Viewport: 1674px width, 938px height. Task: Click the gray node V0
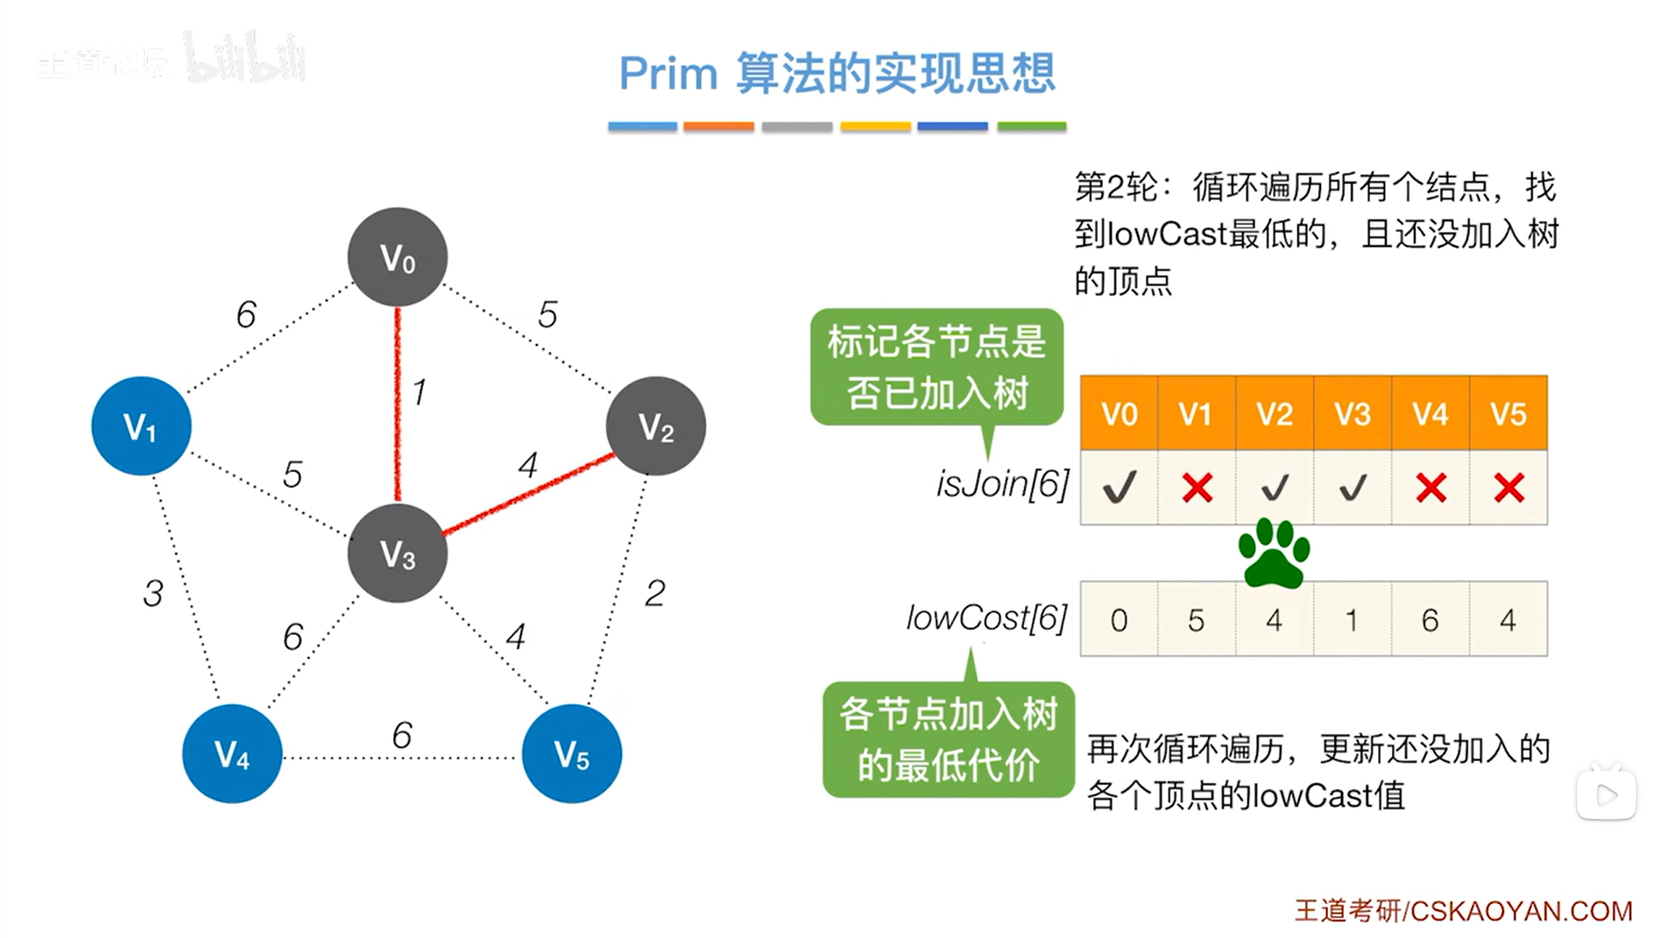(x=398, y=257)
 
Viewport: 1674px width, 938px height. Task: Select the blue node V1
(x=141, y=427)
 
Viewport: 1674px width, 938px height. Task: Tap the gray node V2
(x=655, y=427)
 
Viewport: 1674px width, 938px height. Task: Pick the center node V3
(x=398, y=554)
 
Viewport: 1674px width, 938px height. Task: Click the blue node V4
(x=232, y=754)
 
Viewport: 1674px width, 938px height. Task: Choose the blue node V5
(x=571, y=754)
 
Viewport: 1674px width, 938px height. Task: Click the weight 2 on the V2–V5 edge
(x=654, y=594)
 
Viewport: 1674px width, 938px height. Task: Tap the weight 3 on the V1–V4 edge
(x=153, y=594)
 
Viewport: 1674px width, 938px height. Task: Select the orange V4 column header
(x=1430, y=413)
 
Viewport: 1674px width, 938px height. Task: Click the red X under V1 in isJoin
(x=1197, y=488)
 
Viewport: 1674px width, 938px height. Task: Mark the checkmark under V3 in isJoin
(x=1353, y=488)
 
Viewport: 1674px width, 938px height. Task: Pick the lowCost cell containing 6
(x=1430, y=620)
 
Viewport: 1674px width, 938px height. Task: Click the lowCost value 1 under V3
(x=1352, y=620)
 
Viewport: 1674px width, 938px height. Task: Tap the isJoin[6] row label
(x=1002, y=483)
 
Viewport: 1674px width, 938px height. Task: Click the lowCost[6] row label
(x=986, y=618)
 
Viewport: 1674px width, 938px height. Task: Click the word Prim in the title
(x=667, y=74)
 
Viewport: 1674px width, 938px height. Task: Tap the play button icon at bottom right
(x=1607, y=795)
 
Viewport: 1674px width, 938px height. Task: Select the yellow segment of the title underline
(x=875, y=127)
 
